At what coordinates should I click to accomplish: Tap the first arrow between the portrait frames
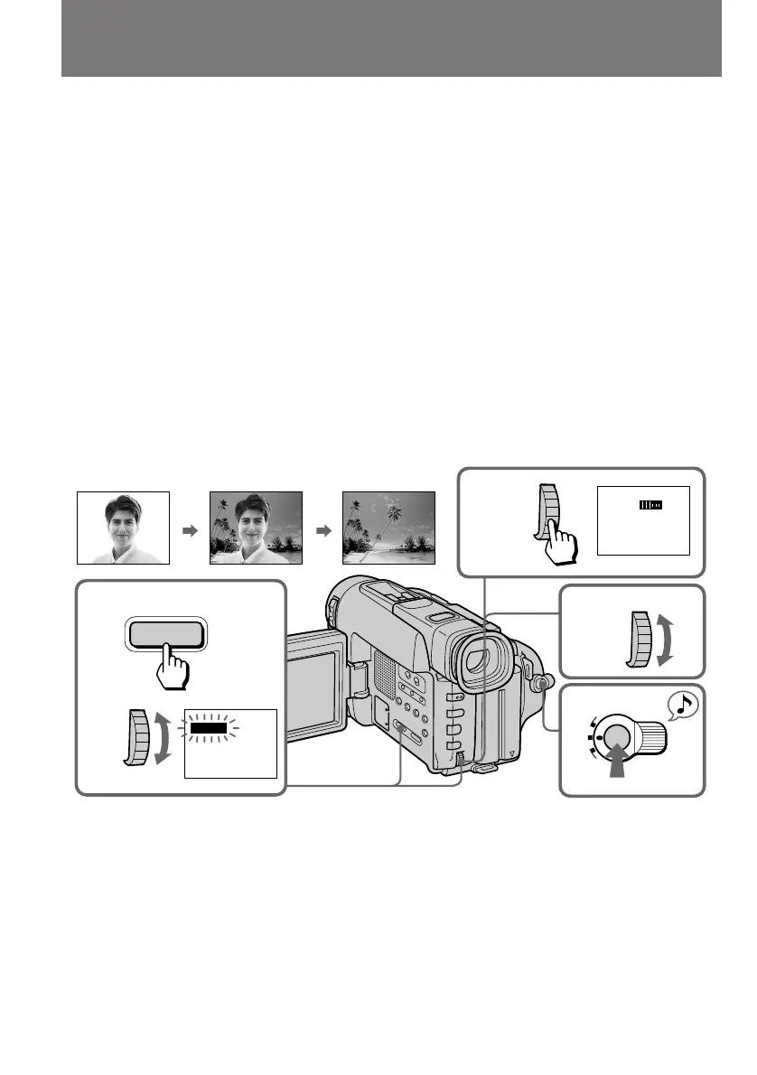(x=190, y=531)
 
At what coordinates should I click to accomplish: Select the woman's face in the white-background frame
(x=123, y=524)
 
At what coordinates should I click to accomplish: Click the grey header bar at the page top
(x=391, y=38)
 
